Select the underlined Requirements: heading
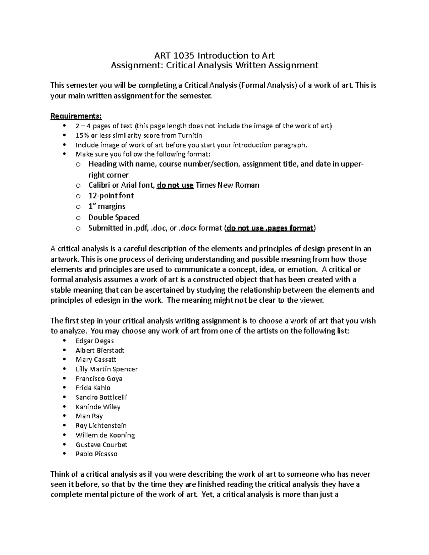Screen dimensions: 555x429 76,116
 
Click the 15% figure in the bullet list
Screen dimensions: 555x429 82,135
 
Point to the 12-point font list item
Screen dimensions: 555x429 111,195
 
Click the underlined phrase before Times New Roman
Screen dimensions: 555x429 175,185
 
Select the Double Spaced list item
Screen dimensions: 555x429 114,217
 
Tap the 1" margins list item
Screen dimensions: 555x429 107,206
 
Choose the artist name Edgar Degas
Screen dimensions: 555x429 95,341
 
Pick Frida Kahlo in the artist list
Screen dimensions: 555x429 93,388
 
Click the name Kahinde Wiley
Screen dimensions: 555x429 98,407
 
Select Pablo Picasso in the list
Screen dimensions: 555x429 97,454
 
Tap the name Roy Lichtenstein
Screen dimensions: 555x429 101,426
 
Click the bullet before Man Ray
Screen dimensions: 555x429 64,416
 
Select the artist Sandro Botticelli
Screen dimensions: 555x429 101,397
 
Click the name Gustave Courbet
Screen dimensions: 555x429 102,445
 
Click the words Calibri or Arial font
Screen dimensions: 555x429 122,185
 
